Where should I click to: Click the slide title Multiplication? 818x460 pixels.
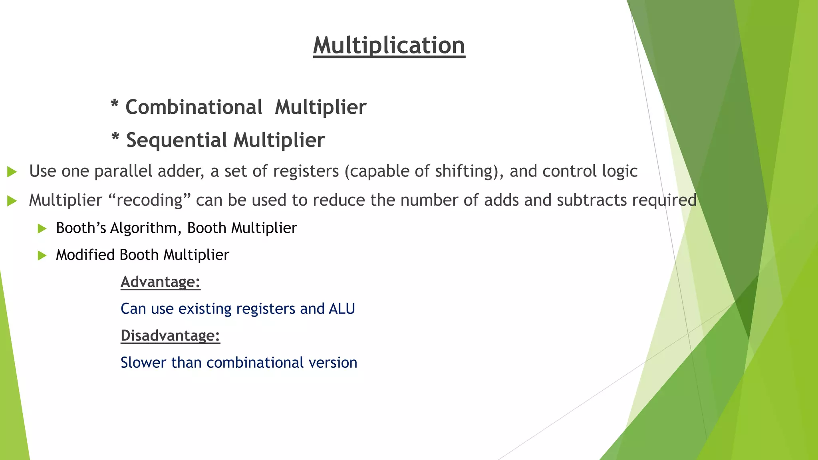tap(389, 45)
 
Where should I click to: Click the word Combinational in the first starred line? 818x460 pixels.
tap(194, 107)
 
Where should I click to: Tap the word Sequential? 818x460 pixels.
tap(177, 140)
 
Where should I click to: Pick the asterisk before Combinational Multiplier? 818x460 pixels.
tap(115, 105)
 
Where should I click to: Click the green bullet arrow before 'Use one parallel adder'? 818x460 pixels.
tap(12, 172)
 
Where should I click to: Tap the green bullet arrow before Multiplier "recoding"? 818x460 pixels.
tap(12, 201)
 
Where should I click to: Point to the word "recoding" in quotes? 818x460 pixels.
tap(150, 200)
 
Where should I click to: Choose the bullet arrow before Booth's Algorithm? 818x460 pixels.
tap(42, 229)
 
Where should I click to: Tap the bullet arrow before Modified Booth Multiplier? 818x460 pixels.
tap(42, 256)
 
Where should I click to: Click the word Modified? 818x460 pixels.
tap(85, 255)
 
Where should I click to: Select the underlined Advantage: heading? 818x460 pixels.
tap(160, 282)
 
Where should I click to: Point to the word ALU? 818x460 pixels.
tap(341, 309)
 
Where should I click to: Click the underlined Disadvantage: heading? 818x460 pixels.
tap(170, 335)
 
